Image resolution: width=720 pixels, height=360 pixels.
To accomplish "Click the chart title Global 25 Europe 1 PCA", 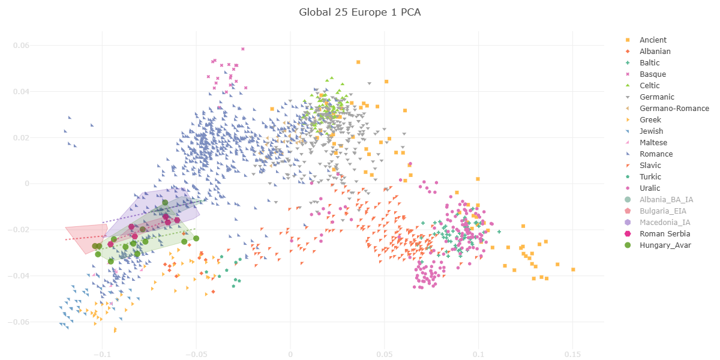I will pos(359,12).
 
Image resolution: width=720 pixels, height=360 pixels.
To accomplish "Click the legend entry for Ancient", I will pos(653,40).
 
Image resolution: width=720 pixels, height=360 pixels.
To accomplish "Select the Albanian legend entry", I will pos(655,52).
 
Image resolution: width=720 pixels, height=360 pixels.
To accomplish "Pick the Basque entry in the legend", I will pos(652,74).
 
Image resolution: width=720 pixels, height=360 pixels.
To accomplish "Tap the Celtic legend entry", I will pos(651,86).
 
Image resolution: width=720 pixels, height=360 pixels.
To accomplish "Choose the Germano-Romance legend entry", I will pos(674,109).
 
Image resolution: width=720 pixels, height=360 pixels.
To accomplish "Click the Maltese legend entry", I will pos(653,143).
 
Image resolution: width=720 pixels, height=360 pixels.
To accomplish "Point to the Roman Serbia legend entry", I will pos(664,234).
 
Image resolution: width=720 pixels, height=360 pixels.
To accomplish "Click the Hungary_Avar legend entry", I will pos(665,245).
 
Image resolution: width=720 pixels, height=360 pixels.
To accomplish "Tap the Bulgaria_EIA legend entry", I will pos(662,211).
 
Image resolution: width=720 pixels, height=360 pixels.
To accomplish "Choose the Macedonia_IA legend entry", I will pos(665,223).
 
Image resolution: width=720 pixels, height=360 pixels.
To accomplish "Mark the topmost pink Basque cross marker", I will pos(243,49).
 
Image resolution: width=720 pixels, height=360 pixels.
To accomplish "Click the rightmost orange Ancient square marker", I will pos(573,269).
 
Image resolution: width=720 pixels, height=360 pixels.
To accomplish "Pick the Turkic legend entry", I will pos(650,177).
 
